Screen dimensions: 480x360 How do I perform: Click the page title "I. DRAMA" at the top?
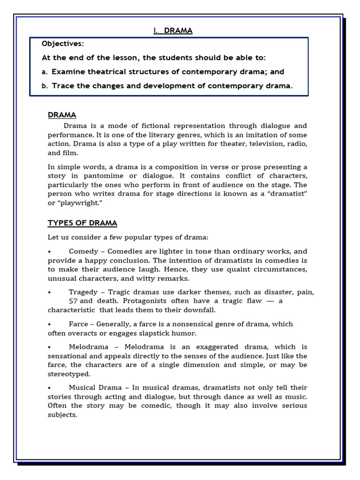click(x=172, y=31)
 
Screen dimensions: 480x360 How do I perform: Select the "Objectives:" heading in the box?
click(x=63, y=44)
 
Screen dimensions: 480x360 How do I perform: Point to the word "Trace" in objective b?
click(x=62, y=86)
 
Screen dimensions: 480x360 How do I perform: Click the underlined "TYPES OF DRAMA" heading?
click(x=82, y=223)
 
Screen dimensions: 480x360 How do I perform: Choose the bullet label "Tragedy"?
click(x=83, y=292)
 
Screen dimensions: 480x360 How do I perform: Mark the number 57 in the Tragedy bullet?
click(x=73, y=301)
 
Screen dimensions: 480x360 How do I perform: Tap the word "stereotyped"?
click(x=69, y=374)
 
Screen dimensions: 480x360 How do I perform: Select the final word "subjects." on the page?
click(x=62, y=415)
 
